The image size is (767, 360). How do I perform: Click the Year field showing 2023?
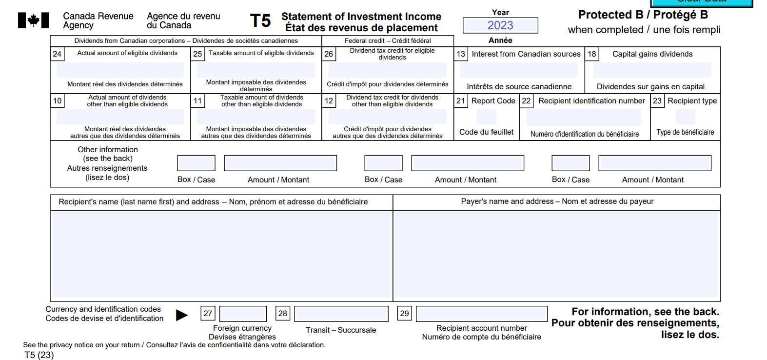500,25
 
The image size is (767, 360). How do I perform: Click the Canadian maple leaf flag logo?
34,20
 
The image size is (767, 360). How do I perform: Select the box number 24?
57,54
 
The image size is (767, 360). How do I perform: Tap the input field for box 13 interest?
519,70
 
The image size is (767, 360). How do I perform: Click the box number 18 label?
591,54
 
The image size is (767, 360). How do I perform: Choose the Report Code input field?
487,117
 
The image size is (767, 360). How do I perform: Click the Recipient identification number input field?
584,117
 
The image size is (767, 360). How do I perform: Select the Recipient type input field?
686,117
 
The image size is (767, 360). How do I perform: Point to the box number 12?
329,101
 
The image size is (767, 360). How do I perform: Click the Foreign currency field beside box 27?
243,314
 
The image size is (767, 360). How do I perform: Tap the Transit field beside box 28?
341,314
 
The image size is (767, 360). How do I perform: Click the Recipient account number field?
481,314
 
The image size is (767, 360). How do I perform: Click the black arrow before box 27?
182,315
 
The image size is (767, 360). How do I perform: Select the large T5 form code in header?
260,21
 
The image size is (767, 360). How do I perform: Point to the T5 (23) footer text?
39,355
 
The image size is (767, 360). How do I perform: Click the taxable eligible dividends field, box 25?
256,70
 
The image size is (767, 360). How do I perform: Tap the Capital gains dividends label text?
652,54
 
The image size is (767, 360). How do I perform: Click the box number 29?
404,314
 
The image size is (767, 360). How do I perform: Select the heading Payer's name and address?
507,201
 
